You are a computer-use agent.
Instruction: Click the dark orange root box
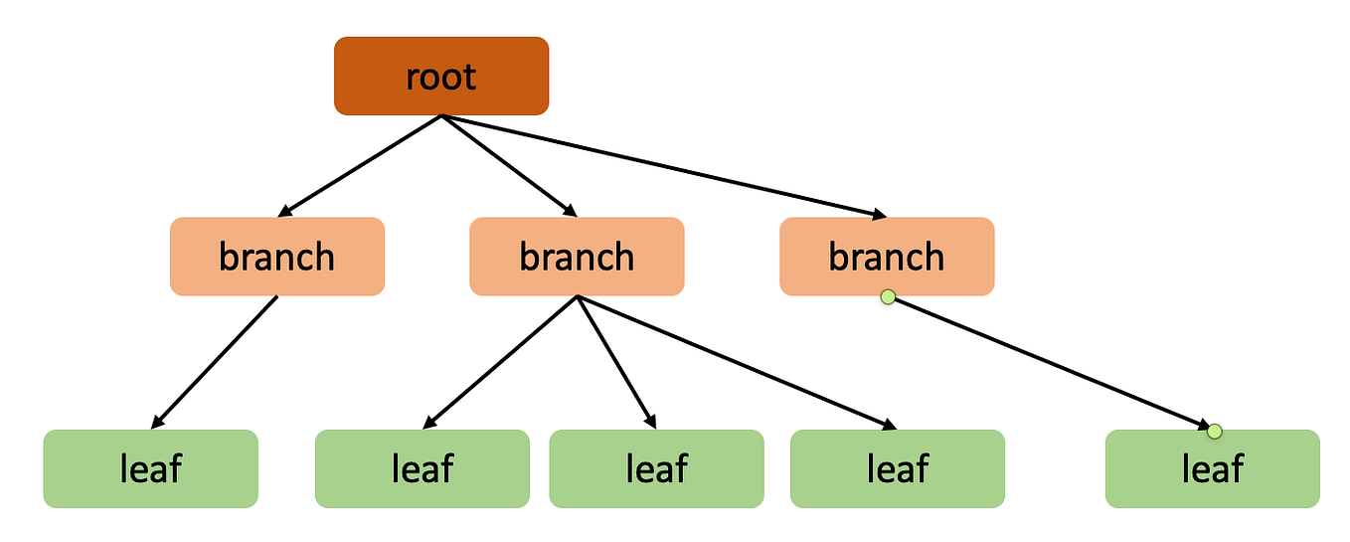tap(441, 76)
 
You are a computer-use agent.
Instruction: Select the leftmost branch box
tap(277, 257)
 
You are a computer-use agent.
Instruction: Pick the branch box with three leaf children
tap(577, 257)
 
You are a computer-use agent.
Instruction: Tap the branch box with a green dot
tap(887, 257)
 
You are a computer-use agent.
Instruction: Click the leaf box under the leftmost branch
tap(150, 468)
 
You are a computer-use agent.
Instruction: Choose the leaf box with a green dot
tap(1212, 468)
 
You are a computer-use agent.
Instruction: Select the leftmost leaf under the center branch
tap(422, 468)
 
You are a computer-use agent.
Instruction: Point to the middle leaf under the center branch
tap(656, 468)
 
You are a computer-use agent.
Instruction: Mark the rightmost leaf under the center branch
tap(898, 468)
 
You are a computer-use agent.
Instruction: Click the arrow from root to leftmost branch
tap(360, 165)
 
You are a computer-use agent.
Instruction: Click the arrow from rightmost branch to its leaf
tap(1050, 364)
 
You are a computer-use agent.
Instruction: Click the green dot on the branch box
tap(888, 296)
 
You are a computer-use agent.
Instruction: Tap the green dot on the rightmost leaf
tap(1213, 431)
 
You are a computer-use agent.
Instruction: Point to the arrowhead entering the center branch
tap(570, 211)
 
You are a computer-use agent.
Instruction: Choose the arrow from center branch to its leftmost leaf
tap(502, 361)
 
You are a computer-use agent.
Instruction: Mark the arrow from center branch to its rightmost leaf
tap(736, 362)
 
